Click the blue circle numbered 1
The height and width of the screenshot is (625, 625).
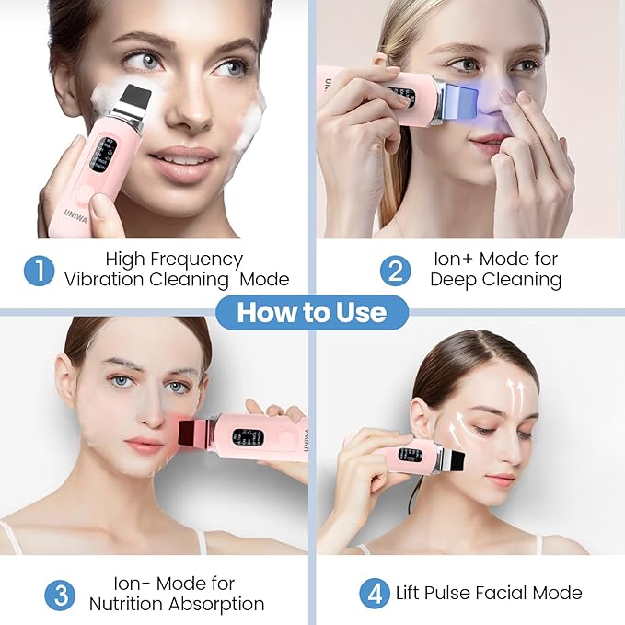pos(40,269)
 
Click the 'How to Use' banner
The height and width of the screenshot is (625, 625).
pos(312,312)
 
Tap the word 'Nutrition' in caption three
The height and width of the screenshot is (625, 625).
pos(129,604)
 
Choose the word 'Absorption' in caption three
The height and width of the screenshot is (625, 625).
pos(218,604)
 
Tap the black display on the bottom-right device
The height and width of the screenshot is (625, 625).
pos(410,456)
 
